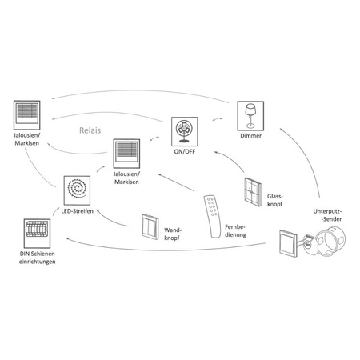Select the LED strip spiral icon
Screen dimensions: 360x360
pyautogui.click(x=78, y=189)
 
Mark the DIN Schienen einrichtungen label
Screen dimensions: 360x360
pyautogui.click(x=33, y=258)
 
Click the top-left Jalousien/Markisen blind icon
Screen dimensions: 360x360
pyautogui.click(x=27, y=114)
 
